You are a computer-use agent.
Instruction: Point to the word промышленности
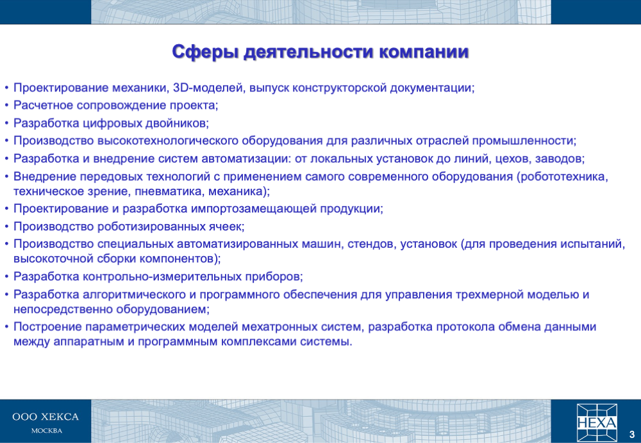[523, 141]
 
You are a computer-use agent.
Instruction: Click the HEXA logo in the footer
[597, 422]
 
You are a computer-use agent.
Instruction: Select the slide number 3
[631, 435]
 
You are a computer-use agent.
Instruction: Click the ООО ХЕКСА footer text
[46, 417]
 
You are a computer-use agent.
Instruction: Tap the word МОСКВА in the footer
[47, 431]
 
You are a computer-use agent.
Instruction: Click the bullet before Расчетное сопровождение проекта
[6, 106]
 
